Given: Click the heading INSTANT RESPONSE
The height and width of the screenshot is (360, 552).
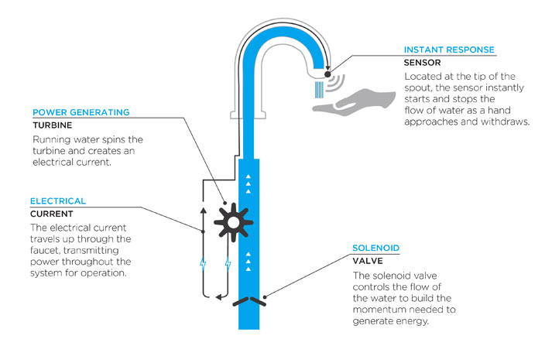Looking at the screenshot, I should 449,50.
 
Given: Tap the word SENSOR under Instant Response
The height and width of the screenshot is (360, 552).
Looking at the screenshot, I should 422,63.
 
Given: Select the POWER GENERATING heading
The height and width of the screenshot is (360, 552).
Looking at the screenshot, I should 81,112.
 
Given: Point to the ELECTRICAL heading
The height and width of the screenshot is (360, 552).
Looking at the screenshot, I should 58,201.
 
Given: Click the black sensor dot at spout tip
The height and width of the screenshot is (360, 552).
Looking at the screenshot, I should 327,74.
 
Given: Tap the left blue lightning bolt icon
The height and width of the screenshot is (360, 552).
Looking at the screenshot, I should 203,263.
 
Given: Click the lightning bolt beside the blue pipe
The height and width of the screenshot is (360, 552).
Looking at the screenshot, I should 228,263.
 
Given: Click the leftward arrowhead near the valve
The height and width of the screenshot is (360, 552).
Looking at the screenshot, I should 218,297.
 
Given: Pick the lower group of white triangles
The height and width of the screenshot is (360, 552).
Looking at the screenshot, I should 248,261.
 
